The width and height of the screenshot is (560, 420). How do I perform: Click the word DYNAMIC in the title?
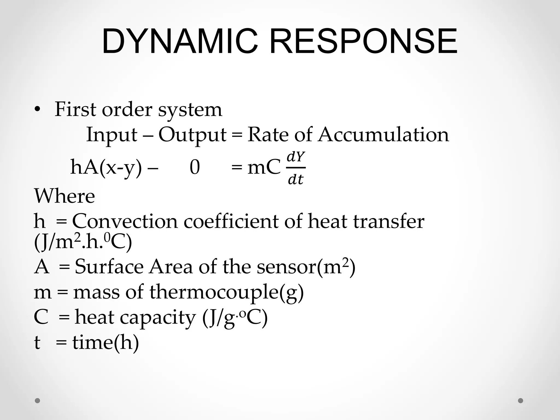coord(180,42)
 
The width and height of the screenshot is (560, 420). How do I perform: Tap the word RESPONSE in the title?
coord(363,42)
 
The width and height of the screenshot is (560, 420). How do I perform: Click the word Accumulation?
coord(383,135)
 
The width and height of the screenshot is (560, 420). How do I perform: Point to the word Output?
coord(192,135)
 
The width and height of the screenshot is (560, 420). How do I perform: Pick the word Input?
coord(112,135)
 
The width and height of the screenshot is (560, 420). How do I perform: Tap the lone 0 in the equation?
coord(195,167)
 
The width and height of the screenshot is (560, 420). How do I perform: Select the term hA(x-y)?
coord(106,168)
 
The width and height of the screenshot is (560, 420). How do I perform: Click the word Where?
coord(65,196)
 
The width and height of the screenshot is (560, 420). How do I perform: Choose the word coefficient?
coord(231,221)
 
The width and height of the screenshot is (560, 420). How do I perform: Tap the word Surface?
coord(109,267)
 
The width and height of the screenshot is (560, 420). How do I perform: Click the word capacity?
coord(158,317)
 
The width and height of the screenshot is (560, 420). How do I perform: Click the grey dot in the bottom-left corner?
coord(37,401)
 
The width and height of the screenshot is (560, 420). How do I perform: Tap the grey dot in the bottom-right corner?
coord(521,401)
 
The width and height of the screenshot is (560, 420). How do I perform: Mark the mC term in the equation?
coord(264,168)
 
